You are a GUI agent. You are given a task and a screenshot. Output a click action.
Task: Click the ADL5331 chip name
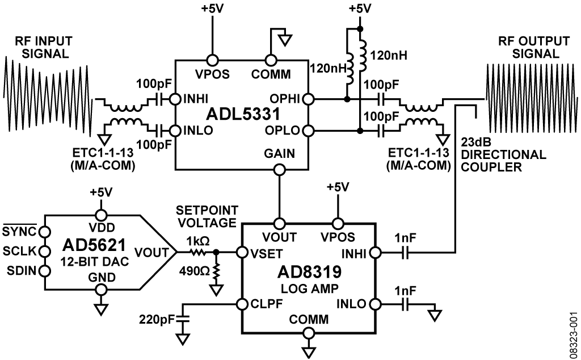243,114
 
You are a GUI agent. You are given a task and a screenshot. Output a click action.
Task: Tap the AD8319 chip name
309,273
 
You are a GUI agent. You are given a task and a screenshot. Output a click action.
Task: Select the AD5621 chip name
94,245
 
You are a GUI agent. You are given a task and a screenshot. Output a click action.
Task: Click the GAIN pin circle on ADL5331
279,170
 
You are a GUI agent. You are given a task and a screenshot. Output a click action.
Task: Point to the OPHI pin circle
308,99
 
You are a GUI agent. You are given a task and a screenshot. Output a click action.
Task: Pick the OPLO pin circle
308,131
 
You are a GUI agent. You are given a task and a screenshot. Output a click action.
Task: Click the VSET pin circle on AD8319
242,253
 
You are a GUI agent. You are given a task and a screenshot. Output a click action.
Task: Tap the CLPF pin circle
242,304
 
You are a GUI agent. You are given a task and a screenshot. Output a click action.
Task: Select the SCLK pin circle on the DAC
45,251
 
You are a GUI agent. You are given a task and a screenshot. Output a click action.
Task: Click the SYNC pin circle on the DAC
45,232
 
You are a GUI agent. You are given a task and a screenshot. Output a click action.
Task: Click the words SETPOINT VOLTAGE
207,216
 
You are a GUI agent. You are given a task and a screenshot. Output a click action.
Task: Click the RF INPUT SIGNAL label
43,47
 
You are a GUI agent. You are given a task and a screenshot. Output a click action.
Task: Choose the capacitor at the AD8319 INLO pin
405,304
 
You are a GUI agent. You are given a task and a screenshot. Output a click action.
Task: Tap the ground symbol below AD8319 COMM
308,351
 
